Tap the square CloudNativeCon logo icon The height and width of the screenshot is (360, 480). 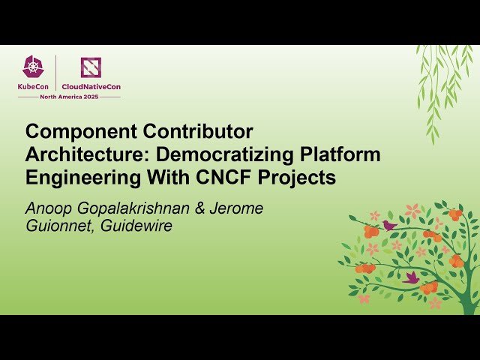(x=91, y=68)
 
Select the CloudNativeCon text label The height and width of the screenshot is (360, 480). (x=91, y=86)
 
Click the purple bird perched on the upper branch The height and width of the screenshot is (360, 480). (x=389, y=224)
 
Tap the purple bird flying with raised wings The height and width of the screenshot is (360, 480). (x=412, y=277)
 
